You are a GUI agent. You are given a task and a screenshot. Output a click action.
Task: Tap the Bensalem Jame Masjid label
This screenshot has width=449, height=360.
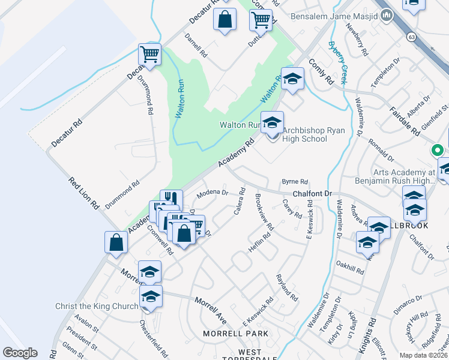[x=334, y=16]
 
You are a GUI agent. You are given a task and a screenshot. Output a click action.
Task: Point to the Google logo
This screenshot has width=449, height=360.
[x=20, y=353]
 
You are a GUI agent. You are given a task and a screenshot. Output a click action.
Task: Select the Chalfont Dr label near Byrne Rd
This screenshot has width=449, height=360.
[x=312, y=194]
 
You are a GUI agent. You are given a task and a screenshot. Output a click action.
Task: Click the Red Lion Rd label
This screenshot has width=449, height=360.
[x=83, y=193]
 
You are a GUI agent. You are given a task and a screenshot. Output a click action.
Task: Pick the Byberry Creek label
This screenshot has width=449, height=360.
[x=338, y=62]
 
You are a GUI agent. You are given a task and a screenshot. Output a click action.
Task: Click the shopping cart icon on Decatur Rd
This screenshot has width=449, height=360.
[x=149, y=54]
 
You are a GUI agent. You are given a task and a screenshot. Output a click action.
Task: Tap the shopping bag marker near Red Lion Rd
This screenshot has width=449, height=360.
[x=116, y=242]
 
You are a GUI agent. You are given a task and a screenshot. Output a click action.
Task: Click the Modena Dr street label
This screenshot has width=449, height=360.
[x=212, y=193]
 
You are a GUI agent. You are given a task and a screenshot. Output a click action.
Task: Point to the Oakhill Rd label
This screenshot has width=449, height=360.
[x=351, y=267]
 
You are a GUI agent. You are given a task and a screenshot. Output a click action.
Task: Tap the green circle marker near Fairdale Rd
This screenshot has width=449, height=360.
[x=438, y=150]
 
